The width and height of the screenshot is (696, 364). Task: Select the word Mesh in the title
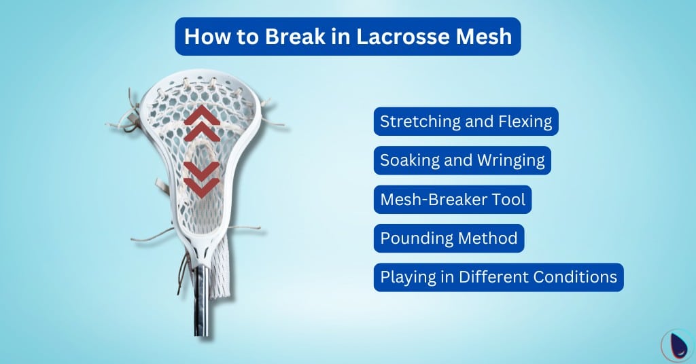tap(482, 36)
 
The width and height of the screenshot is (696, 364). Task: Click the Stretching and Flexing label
tap(466, 122)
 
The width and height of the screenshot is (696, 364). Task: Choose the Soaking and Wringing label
tap(462, 161)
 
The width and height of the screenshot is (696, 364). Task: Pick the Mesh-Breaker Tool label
tap(453, 200)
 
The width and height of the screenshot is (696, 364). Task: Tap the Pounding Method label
tap(449, 238)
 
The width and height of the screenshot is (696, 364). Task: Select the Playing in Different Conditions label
tap(498, 277)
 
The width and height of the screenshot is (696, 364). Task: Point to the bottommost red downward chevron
tap(202, 186)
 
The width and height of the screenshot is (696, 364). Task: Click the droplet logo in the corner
tap(676, 344)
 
